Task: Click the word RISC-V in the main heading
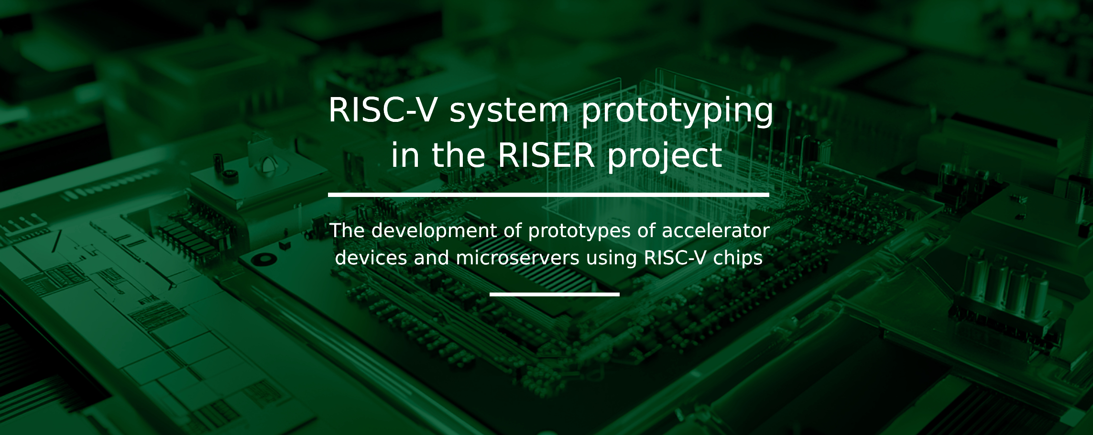click(x=383, y=110)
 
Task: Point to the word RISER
click(x=546, y=155)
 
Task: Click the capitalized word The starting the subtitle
click(x=347, y=230)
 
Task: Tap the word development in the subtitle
click(x=434, y=231)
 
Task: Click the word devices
click(x=371, y=258)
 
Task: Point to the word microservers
click(x=518, y=259)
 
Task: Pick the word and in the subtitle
click(x=431, y=258)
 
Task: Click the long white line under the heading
click(x=548, y=195)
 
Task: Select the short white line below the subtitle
click(x=554, y=294)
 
